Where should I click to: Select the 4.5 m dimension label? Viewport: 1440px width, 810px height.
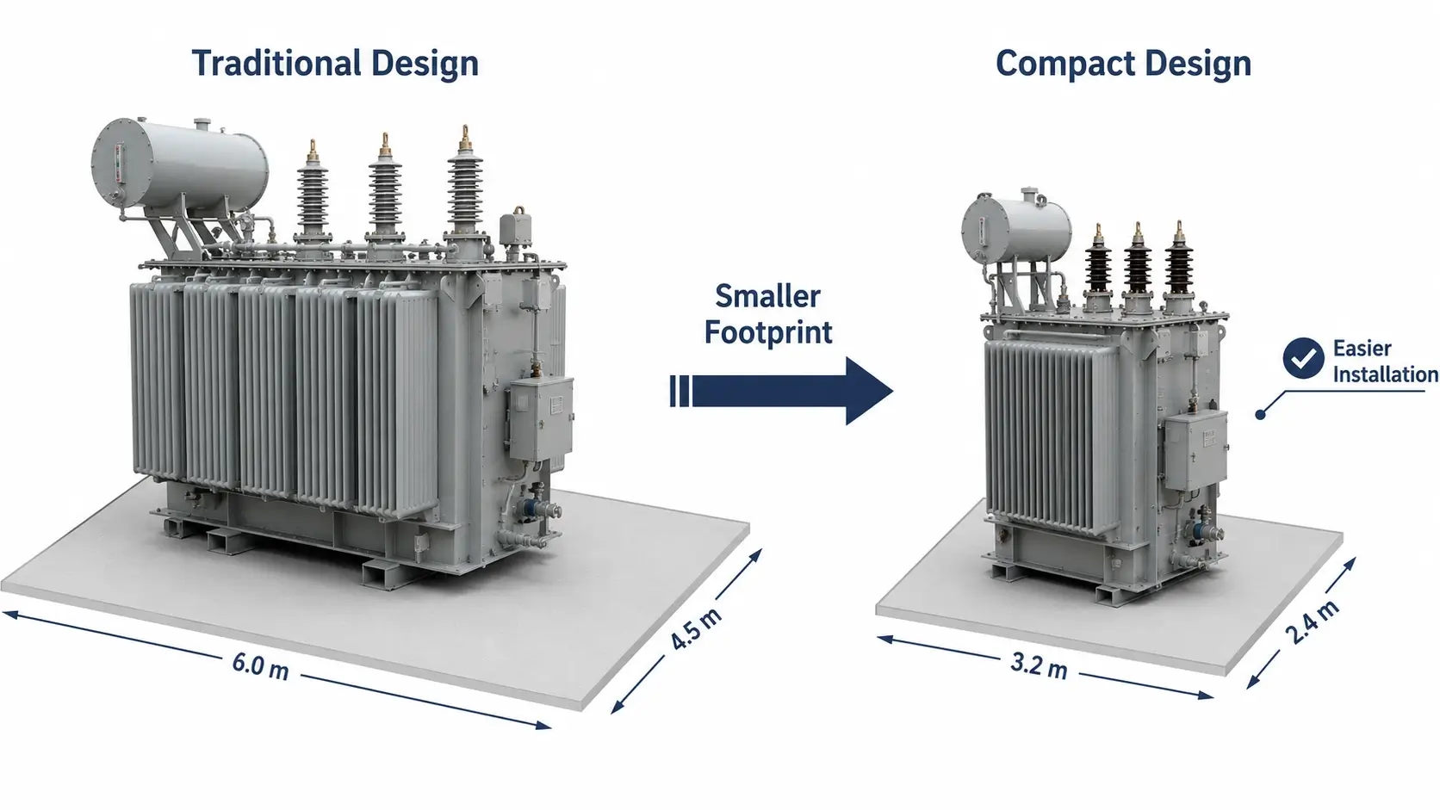tap(696, 628)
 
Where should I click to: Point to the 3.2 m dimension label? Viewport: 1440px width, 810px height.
tap(1039, 665)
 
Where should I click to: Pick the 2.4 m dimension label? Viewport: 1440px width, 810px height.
tap(1313, 621)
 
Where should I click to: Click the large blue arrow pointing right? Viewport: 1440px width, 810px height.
tap(781, 391)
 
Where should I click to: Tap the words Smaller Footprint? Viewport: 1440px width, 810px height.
tap(767, 315)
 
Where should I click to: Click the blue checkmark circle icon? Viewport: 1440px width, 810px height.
tap(1303, 358)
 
